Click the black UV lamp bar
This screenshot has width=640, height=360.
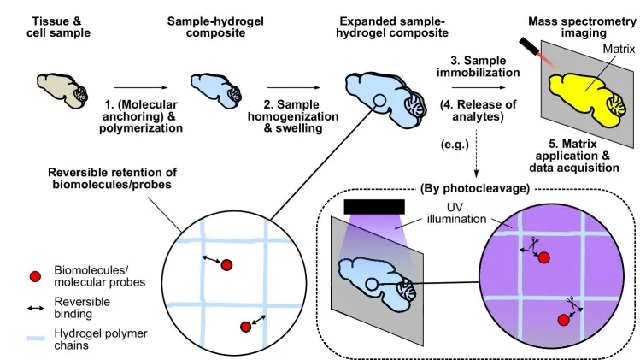(373, 207)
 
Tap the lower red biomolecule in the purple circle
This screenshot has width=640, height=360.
(563, 319)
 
